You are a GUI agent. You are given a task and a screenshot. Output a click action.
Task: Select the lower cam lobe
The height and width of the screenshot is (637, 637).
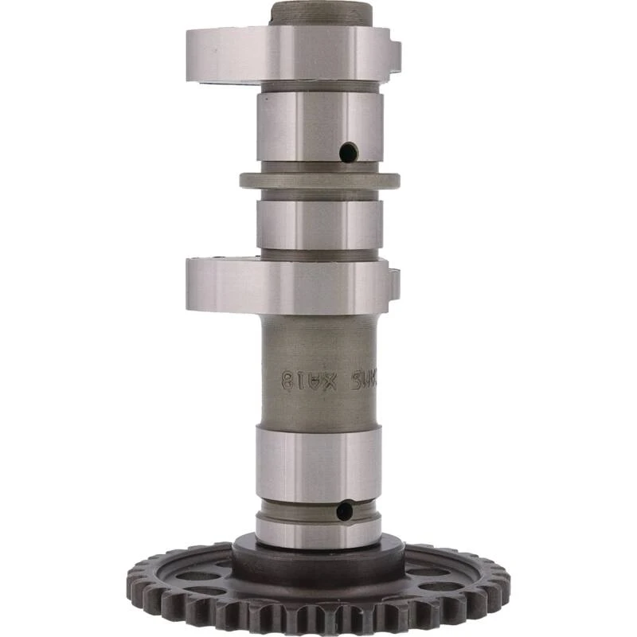pyautogui.click(x=287, y=285)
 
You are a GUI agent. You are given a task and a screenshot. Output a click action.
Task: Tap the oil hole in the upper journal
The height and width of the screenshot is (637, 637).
pyautogui.click(x=348, y=151)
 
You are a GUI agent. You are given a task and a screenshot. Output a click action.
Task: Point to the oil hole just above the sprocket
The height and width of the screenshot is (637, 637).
pyautogui.click(x=344, y=510)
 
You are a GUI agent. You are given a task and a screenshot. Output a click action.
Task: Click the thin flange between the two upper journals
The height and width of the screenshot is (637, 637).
pyautogui.click(x=318, y=181)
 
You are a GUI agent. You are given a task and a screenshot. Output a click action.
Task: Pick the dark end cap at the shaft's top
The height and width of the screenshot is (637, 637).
pyautogui.click(x=320, y=13)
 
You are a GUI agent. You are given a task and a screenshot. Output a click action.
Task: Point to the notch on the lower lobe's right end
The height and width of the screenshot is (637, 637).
pyautogui.click(x=394, y=283)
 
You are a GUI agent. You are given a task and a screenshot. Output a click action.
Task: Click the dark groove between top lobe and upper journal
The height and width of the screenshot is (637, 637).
pyautogui.click(x=318, y=86)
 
